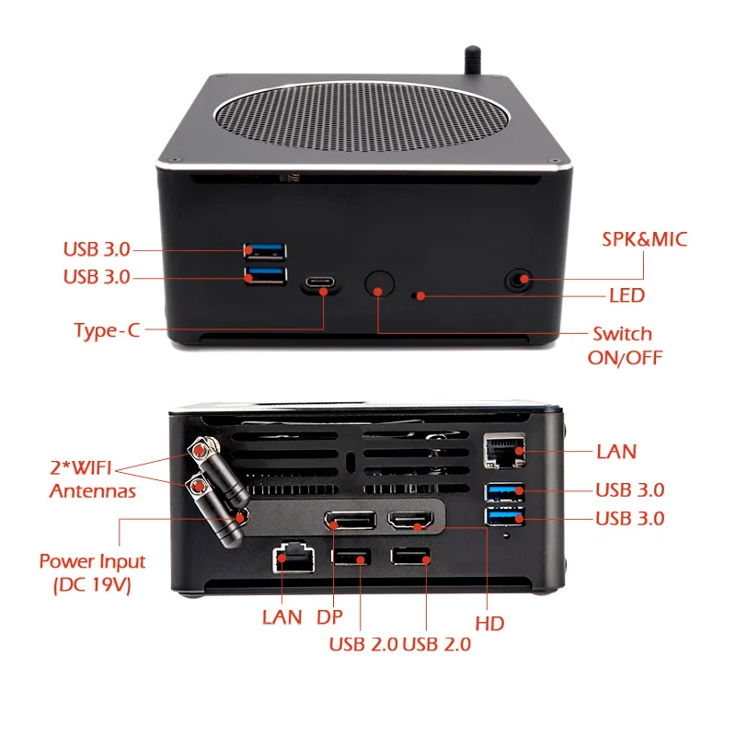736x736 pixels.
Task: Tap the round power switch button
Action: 377,285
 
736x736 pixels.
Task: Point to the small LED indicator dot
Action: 420,296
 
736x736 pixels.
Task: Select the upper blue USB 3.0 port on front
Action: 265,250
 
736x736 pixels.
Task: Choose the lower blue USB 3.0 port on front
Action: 265,275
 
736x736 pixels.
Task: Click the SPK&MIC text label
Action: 645,240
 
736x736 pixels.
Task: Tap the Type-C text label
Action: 108,330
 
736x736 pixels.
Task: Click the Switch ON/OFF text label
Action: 623,345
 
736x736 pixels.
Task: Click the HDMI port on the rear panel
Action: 413,522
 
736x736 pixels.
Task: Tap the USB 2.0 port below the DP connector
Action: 350,558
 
